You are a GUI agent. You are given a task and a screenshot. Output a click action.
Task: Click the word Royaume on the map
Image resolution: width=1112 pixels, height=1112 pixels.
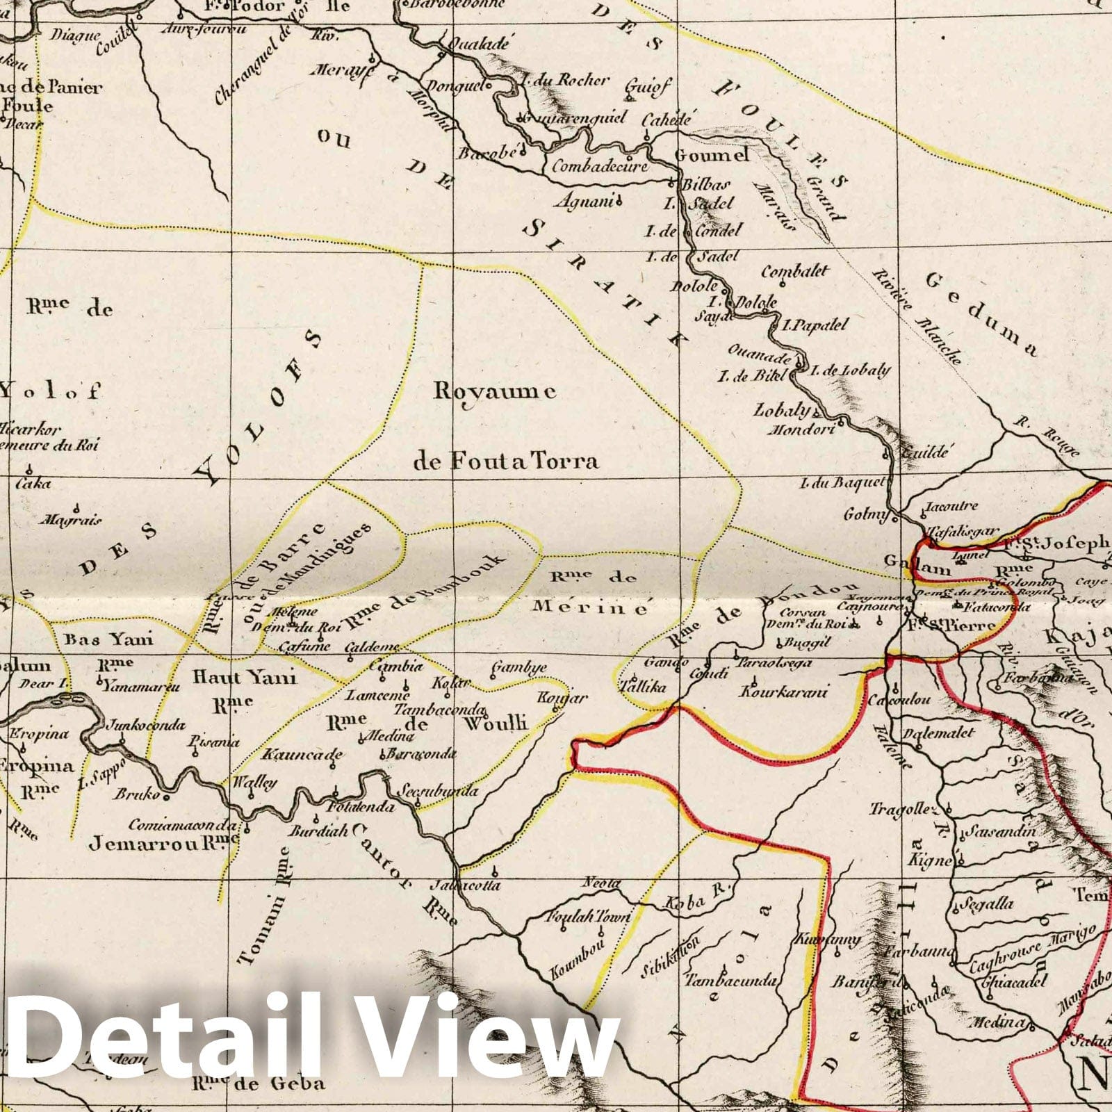click(x=494, y=392)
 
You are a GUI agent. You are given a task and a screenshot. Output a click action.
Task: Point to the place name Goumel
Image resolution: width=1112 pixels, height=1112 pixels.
click(x=712, y=154)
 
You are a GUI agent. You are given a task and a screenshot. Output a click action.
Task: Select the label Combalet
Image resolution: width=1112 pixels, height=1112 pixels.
click(x=795, y=271)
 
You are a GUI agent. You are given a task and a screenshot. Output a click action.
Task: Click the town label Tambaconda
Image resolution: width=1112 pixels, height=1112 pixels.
click(x=439, y=710)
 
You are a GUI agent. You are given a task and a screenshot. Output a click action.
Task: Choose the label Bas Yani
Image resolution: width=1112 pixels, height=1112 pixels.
click(x=108, y=639)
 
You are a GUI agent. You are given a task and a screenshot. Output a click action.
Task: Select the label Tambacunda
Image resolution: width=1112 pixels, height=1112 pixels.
click(x=730, y=981)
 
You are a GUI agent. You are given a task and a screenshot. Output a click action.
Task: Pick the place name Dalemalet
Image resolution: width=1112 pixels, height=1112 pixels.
click(x=938, y=733)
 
